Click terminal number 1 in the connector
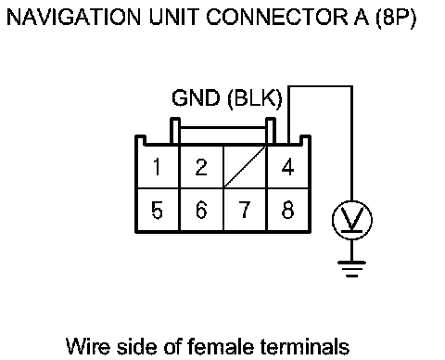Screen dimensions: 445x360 tap(158, 167)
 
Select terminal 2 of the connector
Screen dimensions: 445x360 tap(201, 167)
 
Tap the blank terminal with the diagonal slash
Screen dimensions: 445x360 tap(245, 167)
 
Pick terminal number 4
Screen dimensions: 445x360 tap(287, 167)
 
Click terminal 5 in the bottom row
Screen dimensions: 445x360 tap(158, 210)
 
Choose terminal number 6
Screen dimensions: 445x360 tap(201, 210)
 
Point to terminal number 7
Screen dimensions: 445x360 tap(245, 210)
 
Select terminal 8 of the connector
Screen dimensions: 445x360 tap(287, 210)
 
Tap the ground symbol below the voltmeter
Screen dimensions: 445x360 tap(352, 268)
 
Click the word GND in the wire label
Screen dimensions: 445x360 tap(196, 98)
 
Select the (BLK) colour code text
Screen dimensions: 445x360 tap(255, 99)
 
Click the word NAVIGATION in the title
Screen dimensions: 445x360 tap(73, 17)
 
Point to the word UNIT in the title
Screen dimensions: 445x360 tap(173, 17)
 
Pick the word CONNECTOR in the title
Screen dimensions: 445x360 tap(277, 17)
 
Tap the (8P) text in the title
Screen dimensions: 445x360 tap(396, 18)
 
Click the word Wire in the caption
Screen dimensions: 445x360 tap(88, 346)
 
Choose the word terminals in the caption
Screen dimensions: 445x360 tap(305, 346)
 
